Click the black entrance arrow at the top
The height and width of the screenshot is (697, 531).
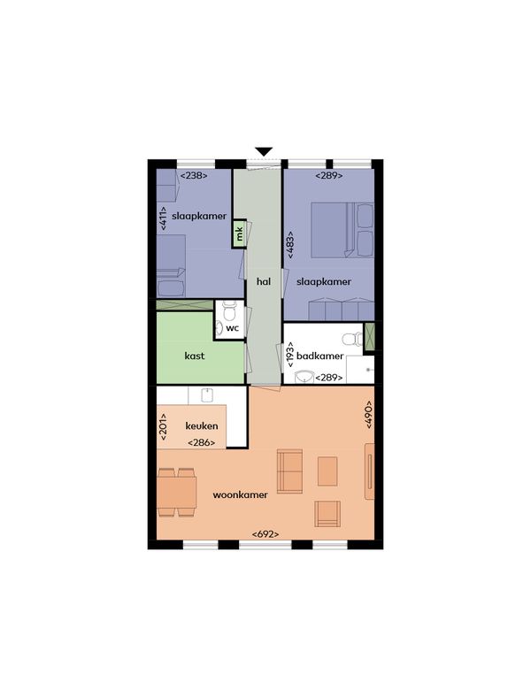pyautogui.click(x=264, y=151)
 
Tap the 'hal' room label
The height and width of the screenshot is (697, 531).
pyautogui.click(x=264, y=281)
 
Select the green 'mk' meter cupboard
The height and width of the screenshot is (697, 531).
pyautogui.click(x=239, y=234)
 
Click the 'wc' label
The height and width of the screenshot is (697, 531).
pyautogui.click(x=233, y=328)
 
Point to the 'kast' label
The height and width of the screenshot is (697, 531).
pyautogui.click(x=195, y=356)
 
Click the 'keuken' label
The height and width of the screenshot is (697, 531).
pyautogui.click(x=202, y=425)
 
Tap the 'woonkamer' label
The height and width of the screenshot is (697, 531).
pyautogui.click(x=240, y=494)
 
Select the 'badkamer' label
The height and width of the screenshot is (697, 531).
pyautogui.click(x=320, y=356)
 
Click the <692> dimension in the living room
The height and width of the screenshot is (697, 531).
pyautogui.click(x=265, y=534)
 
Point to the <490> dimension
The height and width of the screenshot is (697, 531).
pyautogui.click(x=369, y=414)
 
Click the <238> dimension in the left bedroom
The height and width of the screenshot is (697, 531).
pyautogui.click(x=194, y=176)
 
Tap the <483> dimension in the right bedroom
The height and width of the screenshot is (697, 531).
pyautogui.click(x=290, y=244)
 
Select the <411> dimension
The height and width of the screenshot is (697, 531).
pyautogui.click(x=163, y=218)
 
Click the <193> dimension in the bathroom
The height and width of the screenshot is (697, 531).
pyautogui.click(x=290, y=355)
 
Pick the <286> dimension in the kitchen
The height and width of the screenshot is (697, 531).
pyautogui.click(x=202, y=443)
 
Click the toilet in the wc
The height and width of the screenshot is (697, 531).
pyautogui.click(x=229, y=310)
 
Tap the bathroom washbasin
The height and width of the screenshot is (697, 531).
pyautogui.click(x=305, y=377)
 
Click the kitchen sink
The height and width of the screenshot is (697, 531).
pyautogui.click(x=207, y=394)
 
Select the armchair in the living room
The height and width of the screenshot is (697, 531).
pyautogui.click(x=327, y=513)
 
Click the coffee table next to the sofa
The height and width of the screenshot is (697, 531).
pyautogui.click(x=327, y=471)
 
